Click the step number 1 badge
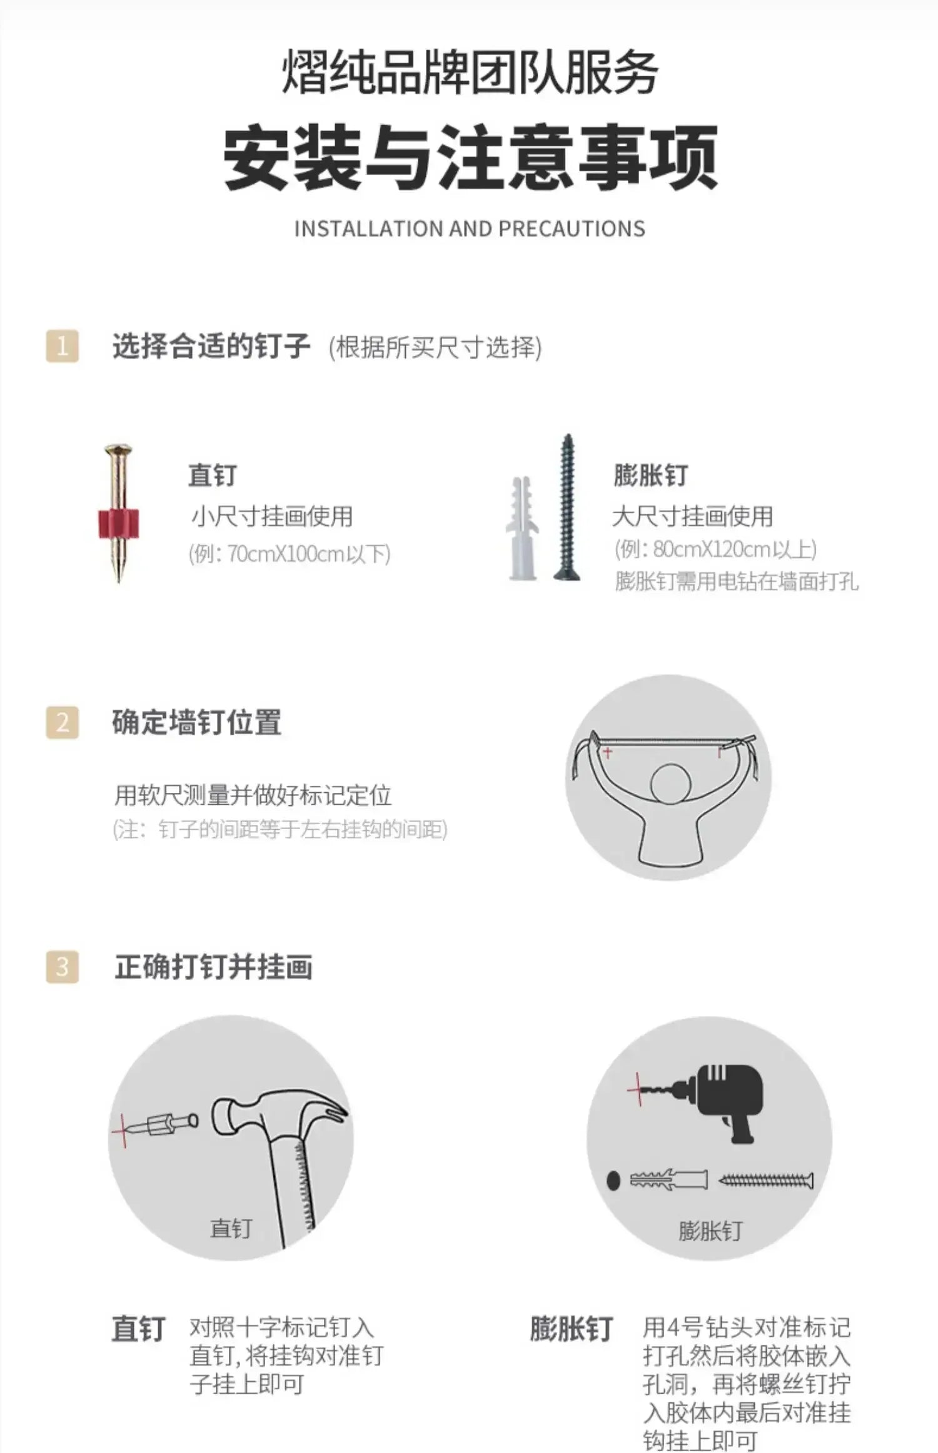pyautogui.click(x=63, y=346)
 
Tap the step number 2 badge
pyautogui.click(x=63, y=722)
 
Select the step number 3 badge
pyautogui.click(x=63, y=967)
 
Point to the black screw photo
pyautogui.click(x=567, y=507)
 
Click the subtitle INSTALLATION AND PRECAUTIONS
pyautogui.click(x=469, y=229)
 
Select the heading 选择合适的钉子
pyautogui.click(x=211, y=346)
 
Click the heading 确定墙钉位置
pyautogui.click(x=197, y=722)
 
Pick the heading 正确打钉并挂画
pyautogui.click(x=213, y=967)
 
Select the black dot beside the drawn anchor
pyautogui.click(x=613, y=1181)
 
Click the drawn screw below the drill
pyautogui.click(x=766, y=1181)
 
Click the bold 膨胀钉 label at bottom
pyautogui.click(x=571, y=1330)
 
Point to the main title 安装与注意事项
pyautogui.click(x=470, y=158)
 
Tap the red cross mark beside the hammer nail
pyautogui.click(x=123, y=1131)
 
